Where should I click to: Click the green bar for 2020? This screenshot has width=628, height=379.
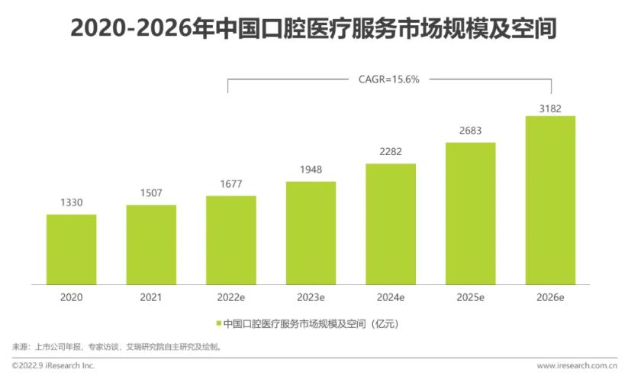tap(71, 249)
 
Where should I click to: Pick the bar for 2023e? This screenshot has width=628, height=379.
tap(311, 232)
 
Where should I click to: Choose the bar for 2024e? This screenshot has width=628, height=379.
tap(391, 224)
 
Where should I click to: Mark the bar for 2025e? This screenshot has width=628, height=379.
tap(470, 213)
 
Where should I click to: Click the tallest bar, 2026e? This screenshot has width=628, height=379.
tap(550, 200)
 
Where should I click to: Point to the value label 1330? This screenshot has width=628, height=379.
tap(71, 202)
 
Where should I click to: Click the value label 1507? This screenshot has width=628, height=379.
tap(151, 193)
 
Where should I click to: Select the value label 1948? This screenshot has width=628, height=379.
tap(311, 170)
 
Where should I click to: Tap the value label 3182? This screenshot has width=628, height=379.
tap(550, 109)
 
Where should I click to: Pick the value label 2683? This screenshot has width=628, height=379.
tap(470, 131)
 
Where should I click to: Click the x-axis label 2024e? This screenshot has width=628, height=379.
tap(391, 296)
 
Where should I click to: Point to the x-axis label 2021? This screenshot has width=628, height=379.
tap(151, 296)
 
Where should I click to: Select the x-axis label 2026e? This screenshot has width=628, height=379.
tap(550, 296)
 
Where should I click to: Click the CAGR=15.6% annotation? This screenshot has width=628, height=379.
tap(389, 78)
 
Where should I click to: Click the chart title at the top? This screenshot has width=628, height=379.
tap(313, 28)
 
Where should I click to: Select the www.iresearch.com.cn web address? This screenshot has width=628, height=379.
tap(576, 366)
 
